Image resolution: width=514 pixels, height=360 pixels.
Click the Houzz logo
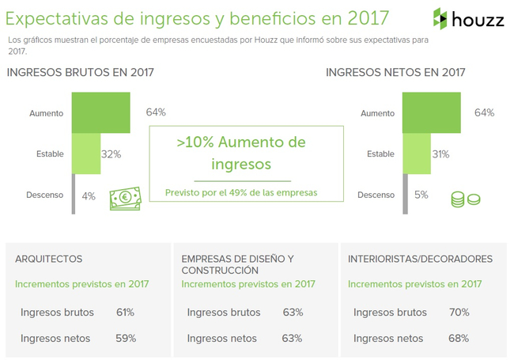[468, 18]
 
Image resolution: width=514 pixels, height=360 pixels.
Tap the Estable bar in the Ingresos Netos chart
[416, 153]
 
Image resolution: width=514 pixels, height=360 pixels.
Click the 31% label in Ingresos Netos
[441, 153]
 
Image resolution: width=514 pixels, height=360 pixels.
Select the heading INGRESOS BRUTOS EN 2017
[80, 72]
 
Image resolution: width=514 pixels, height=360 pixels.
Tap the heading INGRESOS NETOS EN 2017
[395, 72]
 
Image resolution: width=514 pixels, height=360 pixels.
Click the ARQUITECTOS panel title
[48, 259]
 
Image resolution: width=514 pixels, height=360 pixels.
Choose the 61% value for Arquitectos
[125, 313]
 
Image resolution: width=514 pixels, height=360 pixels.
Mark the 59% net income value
[126, 339]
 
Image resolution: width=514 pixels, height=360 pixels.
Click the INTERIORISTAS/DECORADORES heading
[420, 259]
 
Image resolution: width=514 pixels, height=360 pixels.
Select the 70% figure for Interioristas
[459, 313]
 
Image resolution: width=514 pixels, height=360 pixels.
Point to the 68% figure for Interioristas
[459, 339]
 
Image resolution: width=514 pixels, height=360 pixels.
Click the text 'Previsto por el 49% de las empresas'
[240, 192]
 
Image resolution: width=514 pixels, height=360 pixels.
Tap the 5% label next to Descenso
[421, 195]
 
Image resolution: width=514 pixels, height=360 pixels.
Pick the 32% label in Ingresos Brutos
[111, 153]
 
